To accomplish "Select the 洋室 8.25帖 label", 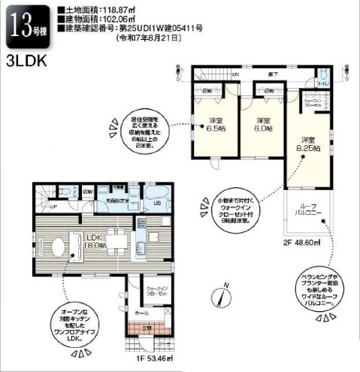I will [307, 144].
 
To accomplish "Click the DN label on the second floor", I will [234, 74].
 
